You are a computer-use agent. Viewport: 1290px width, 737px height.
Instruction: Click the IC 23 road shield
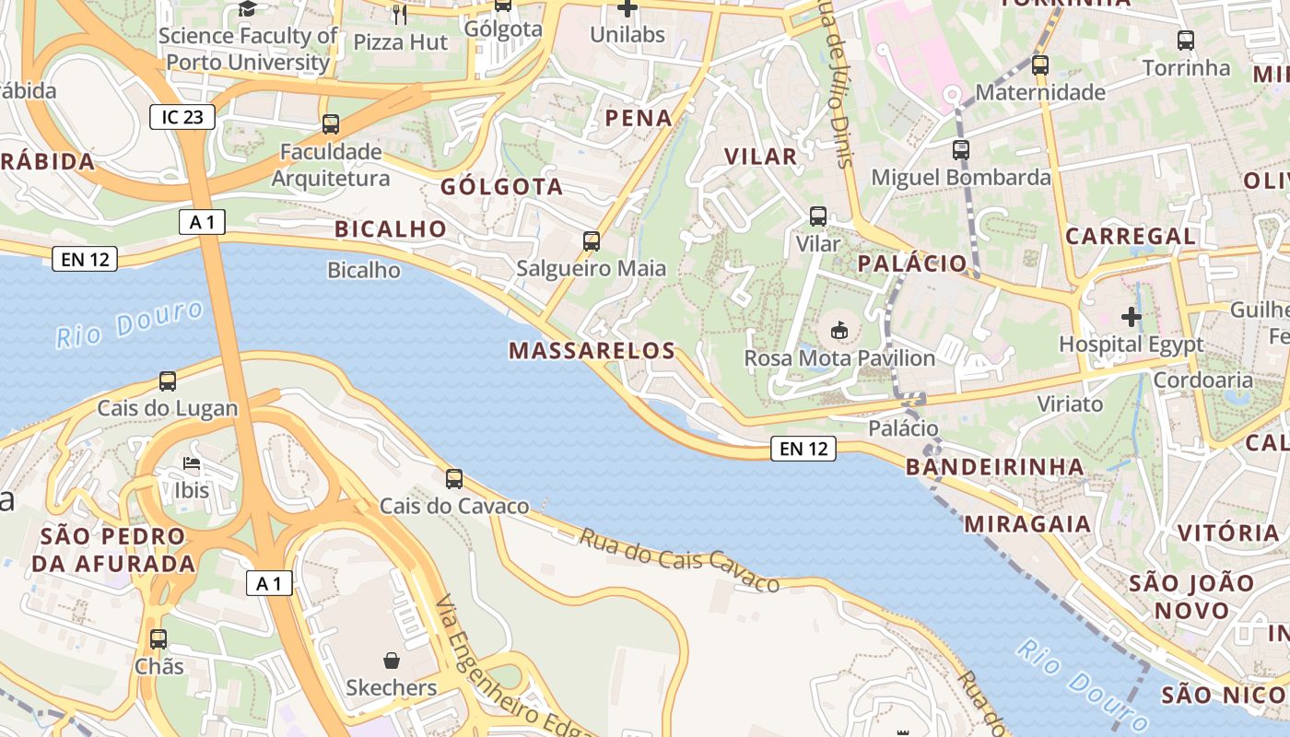tap(182, 117)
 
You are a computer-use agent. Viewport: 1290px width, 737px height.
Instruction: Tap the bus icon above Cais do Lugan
tap(168, 381)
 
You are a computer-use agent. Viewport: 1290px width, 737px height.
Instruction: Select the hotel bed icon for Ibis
tap(192, 463)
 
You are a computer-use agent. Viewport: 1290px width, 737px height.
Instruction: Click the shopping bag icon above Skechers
tap(392, 661)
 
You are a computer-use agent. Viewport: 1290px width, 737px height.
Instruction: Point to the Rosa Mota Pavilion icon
tap(838, 330)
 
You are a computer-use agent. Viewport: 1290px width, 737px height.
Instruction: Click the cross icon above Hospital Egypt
tap(1131, 318)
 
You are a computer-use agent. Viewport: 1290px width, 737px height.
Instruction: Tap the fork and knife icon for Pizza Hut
tap(399, 14)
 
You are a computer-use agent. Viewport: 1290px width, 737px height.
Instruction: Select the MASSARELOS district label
tap(592, 350)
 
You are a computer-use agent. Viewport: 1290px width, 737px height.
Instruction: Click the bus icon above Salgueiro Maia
tap(592, 241)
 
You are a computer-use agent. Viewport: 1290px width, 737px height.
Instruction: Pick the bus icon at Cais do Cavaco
tap(454, 479)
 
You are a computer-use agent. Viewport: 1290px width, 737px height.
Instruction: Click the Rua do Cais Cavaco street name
tap(679, 559)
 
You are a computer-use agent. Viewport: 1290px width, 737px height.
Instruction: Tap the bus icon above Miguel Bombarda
tap(961, 149)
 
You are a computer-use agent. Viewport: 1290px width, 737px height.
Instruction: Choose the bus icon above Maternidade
tap(1040, 65)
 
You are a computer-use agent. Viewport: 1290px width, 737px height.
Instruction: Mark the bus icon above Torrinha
tap(1186, 41)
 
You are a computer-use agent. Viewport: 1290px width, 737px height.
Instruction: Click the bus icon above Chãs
tap(158, 638)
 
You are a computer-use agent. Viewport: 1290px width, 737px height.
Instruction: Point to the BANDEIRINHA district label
tap(995, 467)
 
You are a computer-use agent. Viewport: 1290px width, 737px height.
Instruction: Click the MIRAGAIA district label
tap(1027, 524)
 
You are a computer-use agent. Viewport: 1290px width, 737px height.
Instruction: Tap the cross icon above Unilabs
tap(627, 9)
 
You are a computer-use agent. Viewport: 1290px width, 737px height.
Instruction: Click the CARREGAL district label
tap(1131, 236)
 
